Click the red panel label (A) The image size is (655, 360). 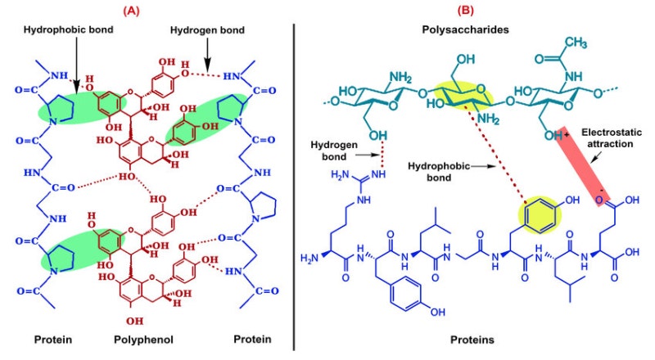(132, 11)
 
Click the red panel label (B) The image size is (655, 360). (466, 11)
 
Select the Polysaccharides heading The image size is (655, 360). (465, 29)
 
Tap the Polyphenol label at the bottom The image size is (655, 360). (143, 340)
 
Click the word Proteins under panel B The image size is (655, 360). (472, 340)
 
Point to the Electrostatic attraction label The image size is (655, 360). (612, 138)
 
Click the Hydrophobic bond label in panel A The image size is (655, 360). (69, 29)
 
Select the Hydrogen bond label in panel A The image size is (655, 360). (207, 30)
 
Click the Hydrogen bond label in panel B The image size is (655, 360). (334, 151)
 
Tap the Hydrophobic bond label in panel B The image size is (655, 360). (439, 172)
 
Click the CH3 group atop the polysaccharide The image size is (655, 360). (576, 43)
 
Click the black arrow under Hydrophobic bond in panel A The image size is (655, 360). (76, 65)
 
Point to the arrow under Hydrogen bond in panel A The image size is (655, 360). (207, 54)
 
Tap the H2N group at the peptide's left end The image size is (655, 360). (309, 259)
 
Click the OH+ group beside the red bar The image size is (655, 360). (557, 135)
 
